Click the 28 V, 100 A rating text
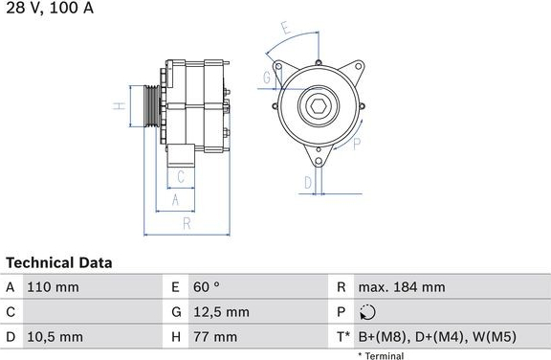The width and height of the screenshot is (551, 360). [x=50, y=8]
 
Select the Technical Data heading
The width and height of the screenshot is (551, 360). [x=59, y=262]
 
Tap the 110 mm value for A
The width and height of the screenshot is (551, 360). [x=53, y=287]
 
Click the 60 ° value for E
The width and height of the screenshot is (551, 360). [x=207, y=287]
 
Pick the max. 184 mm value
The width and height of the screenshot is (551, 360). [x=402, y=287]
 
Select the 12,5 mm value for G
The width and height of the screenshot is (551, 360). [x=221, y=312]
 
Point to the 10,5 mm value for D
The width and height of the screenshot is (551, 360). [x=55, y=337]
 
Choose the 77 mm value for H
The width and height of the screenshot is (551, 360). [x=215, y=337]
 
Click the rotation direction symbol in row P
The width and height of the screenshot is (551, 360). [x=367, y=312]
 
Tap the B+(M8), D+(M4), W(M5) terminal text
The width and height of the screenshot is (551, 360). [x=437, y=337]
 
